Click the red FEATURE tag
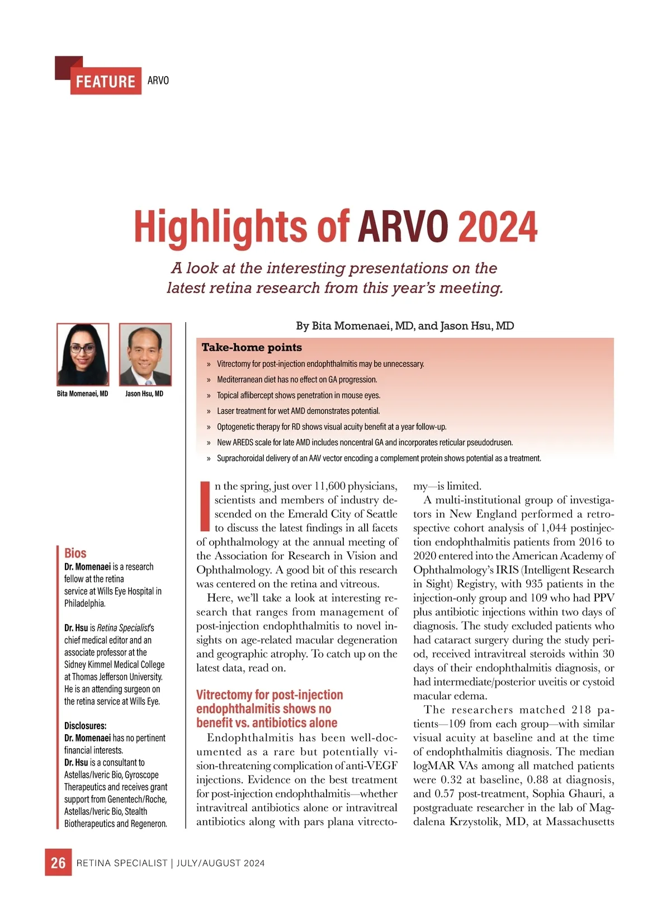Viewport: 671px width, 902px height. (x=105, y=82)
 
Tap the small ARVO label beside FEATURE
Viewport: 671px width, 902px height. (x=158, y=81)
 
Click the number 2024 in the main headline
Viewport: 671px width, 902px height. (x=497, y=227)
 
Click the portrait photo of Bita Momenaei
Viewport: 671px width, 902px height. (x=83, y=355)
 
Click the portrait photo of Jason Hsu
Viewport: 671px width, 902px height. (x=145, y=355)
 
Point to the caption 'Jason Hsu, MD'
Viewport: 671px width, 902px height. (x=144, y=394)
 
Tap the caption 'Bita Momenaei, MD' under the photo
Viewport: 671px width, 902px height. (x=83, y=394)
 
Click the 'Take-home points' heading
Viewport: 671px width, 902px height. (x=252, y=347)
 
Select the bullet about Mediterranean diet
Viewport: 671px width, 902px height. (x=297, y=380)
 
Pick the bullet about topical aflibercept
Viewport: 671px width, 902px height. (x=299, y=395)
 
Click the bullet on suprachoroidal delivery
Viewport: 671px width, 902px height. (x=379, y=459)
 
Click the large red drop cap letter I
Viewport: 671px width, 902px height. (x=204, y=506)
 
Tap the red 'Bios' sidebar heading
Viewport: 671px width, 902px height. (x=75, y=553)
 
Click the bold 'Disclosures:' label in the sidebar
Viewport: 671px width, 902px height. (x=85, y=726)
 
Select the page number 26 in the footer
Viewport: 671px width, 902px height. (x=58, y=863)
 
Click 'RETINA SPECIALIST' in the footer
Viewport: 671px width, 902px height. (x=122, y=863)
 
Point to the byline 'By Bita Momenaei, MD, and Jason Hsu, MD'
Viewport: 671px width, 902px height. (x=405, y=326)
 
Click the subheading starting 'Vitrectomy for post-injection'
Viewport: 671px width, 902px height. (x=270, y=695)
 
